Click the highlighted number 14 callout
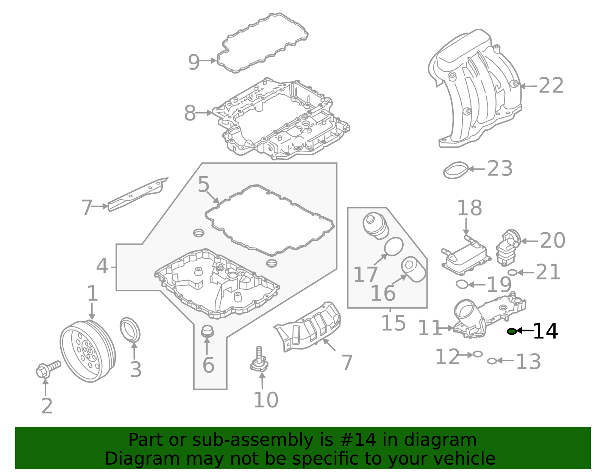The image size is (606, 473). [545, 331]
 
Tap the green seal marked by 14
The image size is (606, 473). [512, 331]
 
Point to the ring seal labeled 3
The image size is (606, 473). [130, 329]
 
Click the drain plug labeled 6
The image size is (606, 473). [207, 331]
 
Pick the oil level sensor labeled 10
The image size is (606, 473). [259, 361]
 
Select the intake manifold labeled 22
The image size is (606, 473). [477, 89]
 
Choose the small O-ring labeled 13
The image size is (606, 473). [492, 361]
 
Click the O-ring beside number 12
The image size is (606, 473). [478, 354]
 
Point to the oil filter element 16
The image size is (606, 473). [413, 269]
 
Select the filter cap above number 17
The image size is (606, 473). [375, 226]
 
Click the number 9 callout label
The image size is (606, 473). [194, 62]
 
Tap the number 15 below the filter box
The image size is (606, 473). [393, 323]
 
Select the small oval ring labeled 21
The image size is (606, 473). [512, 272]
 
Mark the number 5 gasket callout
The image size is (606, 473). [203, 185]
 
